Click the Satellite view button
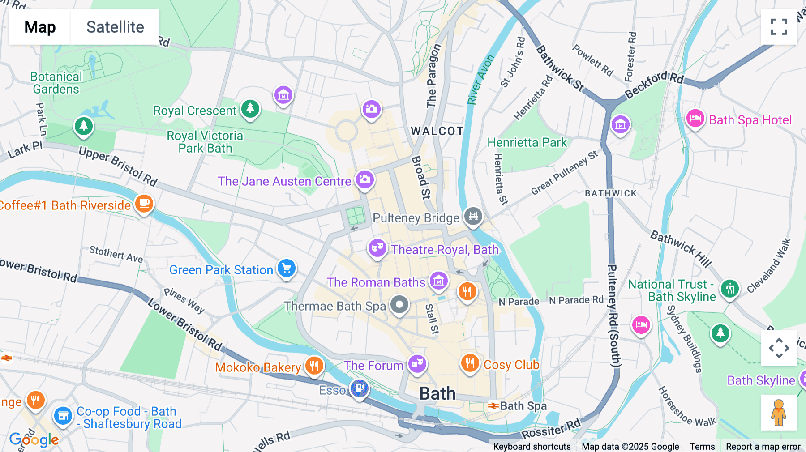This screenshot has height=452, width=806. [115, 27]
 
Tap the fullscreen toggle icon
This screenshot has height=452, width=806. [779, 27]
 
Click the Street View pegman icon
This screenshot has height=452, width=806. [779, 412]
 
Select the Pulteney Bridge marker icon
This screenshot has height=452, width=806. [473, 216]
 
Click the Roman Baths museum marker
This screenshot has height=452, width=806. [438, 281]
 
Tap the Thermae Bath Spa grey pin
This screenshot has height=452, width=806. [399, 305]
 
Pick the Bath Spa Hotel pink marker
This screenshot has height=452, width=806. [695, 119]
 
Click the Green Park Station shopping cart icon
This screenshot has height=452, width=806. [287, 268]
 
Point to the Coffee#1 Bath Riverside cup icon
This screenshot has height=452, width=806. [144, 204]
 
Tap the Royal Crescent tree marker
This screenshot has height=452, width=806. [250, 109]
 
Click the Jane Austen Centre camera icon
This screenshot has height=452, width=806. [365, 179]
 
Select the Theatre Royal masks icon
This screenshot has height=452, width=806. [377, 247]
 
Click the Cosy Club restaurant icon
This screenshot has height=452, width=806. [470, 363]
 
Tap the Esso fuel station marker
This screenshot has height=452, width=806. [360, 388]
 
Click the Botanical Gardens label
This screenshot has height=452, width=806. [56, 83]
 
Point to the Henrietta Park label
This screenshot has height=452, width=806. [527, 142]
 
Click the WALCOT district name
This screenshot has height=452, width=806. [437, 131]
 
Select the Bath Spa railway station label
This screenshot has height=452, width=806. [523, 406]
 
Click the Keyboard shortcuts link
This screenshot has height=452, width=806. [532, 446]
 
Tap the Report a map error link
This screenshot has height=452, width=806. [763, 446]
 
